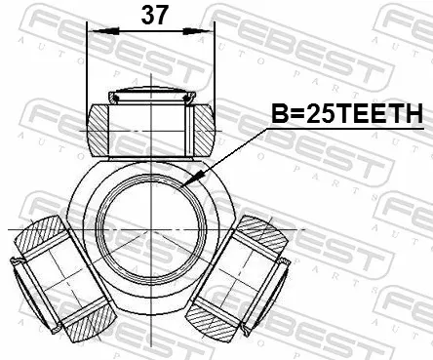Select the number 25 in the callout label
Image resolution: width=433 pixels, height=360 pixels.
(x=318, y=116)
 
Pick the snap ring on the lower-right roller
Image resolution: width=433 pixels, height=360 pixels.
(x=284, y=261)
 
